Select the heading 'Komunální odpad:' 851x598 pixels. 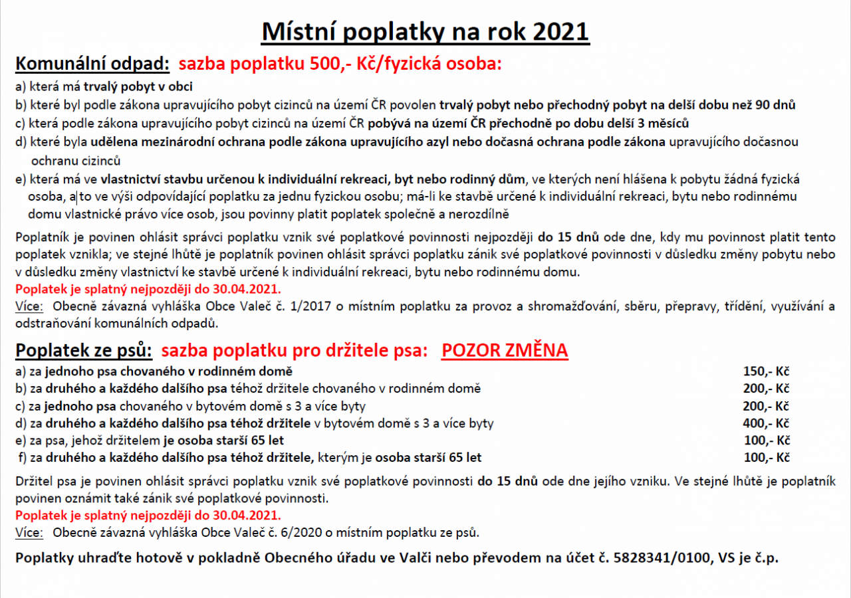click(92, 64)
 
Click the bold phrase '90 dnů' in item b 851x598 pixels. click(775, 104)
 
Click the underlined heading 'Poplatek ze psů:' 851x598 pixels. click(84, 350)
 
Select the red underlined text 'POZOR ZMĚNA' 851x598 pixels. click(505, 350)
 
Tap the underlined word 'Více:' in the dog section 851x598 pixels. click(29, 532)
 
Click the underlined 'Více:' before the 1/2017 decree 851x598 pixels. click(29, 306)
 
